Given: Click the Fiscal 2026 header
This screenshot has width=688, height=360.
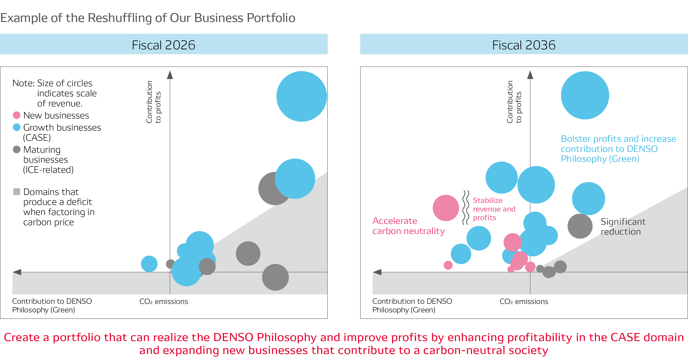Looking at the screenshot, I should tap(163, 45).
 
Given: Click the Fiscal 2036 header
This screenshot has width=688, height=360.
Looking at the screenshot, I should tap(523, 45).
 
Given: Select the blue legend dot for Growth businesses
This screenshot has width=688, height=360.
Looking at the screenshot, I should tap(17, 127).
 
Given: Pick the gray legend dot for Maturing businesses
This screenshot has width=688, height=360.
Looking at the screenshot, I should tap(17, 149).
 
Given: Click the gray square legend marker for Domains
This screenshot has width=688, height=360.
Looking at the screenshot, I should tap(17, 192).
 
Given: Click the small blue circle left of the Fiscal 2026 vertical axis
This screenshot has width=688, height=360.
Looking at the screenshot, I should tap(149, 264).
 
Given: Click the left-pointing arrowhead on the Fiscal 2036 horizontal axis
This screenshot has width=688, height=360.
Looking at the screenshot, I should tap(377, 272).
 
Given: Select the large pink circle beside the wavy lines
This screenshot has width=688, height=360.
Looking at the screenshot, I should tap(445, 208).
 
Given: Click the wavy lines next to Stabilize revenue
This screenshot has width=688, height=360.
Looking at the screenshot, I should tap(465, 207).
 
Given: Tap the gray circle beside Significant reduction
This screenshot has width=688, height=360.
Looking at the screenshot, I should tap(580, 226).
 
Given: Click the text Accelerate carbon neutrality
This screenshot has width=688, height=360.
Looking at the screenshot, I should tap(408, 226).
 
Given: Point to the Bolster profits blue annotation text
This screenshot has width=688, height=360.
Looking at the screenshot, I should tap(618, 148).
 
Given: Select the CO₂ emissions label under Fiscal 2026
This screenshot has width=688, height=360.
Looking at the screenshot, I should tap(163, 302).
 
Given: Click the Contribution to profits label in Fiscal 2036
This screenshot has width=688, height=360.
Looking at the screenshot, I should tap(514, 102).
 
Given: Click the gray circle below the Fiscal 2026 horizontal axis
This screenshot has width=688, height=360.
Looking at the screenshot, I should tap(275, 277).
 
